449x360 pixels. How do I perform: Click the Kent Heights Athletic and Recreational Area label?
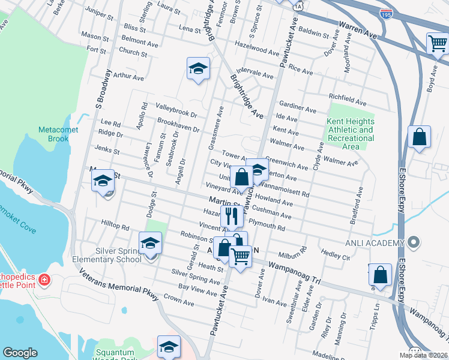351,134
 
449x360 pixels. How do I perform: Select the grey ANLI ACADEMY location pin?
412,243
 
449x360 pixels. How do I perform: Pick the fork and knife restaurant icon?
232,217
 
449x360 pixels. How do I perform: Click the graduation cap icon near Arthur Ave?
197,68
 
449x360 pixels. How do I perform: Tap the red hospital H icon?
43,280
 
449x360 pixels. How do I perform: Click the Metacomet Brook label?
55,134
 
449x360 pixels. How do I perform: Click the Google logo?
20,353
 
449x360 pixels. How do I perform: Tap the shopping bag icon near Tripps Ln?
379,275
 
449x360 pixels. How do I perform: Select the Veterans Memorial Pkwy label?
115,286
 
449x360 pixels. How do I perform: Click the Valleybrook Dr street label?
176,112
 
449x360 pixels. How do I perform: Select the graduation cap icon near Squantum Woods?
169,346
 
